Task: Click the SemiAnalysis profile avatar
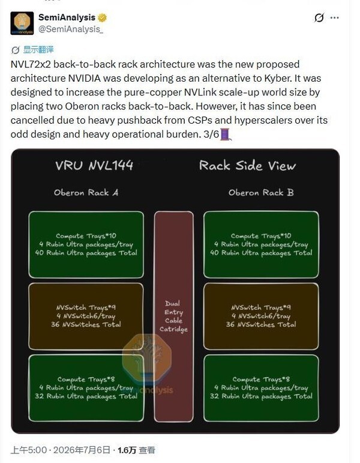22,23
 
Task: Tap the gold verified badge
102,18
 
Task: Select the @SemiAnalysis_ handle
71,29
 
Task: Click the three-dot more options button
334,18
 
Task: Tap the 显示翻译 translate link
38,49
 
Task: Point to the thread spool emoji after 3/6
225,135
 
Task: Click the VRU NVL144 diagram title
94,165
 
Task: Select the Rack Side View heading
247,166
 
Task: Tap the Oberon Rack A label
86,193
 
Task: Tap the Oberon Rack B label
261,193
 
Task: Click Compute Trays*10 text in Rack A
86,236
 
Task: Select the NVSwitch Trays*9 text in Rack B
261,307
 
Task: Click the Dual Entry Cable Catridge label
173,316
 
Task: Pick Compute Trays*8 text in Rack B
261,380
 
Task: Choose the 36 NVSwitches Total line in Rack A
86,324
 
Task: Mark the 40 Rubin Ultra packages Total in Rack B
261,253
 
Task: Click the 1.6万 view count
127,450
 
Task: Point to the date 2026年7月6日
82,450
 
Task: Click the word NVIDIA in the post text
85,78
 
